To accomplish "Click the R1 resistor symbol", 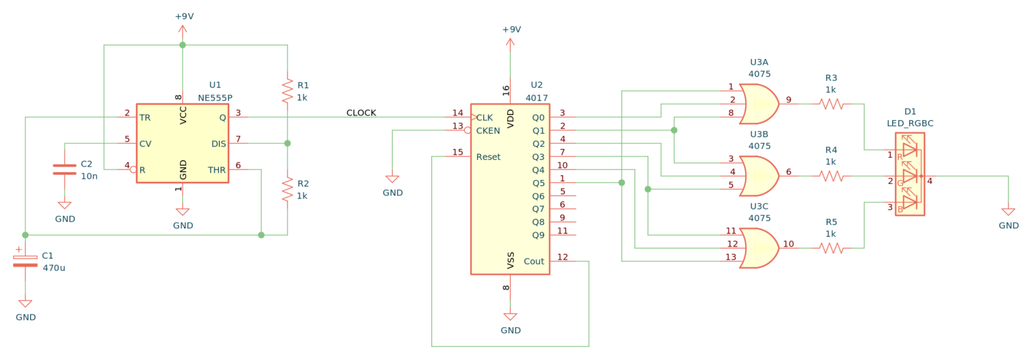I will [x=288, y=89].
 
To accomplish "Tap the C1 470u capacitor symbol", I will [x=26, y=260].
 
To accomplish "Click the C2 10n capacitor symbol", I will [x=64, y=169].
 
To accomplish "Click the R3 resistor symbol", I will [x=831, y=103].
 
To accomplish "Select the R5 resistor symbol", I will [x=831, y=248].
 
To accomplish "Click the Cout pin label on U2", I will [x=534, y=261].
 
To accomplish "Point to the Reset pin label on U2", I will [x=488, y=157].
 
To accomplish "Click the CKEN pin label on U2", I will [x=488, y=130].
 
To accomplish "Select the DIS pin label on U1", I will [x=218, y=144].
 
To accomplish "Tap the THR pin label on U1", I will [x=217, y=170].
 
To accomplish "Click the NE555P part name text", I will [x=215, y=97].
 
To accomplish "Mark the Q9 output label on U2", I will [x=538, y=235].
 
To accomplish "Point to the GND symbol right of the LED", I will [x=1008, y=212].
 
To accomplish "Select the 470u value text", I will [x=54, y=267].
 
